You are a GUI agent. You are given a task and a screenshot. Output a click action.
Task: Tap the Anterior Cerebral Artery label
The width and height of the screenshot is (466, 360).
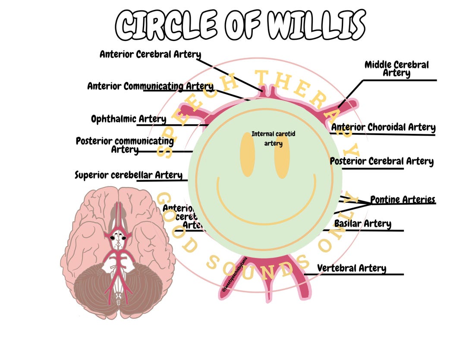click(150, 54)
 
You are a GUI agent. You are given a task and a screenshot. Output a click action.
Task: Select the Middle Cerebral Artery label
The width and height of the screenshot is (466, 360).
click(397, 69)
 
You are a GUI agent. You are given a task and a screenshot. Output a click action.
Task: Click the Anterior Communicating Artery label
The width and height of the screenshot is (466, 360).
click(150, 86)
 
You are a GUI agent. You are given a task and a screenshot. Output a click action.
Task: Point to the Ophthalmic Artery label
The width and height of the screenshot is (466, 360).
click(128, 119)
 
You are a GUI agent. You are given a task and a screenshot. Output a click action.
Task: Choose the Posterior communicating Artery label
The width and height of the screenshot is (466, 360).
click(125, 145)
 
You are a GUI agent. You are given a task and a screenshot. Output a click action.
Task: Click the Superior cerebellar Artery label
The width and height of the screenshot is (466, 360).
click(129, 175)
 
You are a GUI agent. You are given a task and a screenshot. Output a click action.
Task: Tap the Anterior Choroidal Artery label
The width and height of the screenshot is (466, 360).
click(383, 127)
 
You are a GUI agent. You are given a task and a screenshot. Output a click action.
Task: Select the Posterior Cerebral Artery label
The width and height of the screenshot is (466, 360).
click(381, 161)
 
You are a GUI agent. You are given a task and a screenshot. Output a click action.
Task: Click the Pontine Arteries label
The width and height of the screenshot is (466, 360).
click(403, 199)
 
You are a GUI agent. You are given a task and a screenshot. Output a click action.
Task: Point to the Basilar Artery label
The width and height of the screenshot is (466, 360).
click(362, 224)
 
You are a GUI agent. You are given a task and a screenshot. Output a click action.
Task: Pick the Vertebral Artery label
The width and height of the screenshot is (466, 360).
click(351, 268)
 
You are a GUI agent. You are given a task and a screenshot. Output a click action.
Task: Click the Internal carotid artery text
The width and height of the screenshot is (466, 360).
click(273, 139)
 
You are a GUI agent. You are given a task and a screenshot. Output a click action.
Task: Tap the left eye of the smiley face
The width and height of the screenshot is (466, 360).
click(248, 154)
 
